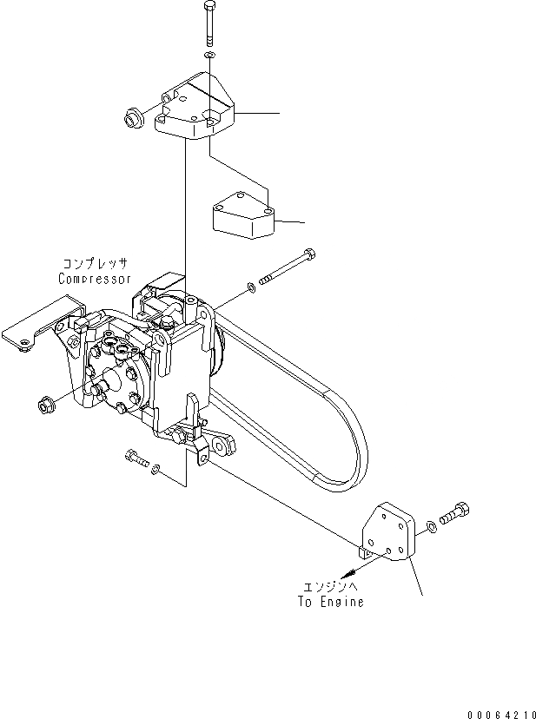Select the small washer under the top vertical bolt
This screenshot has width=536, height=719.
coord(209,56)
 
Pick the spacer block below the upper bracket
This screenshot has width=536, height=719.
coord(243,221)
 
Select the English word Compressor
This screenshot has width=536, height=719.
coord(96,279)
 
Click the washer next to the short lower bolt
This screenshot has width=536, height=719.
coord(156,470)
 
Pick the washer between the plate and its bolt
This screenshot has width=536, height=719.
coord(432,526)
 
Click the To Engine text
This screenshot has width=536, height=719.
coord(331,602)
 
